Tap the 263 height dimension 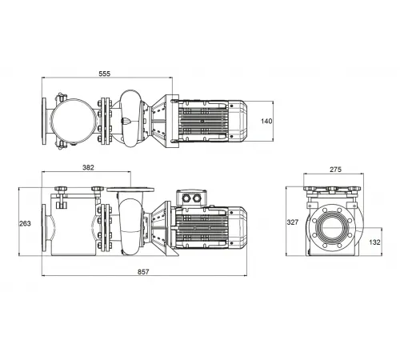(26, 223)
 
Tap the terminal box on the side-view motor (192, 198)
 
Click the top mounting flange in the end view (334, 190)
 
